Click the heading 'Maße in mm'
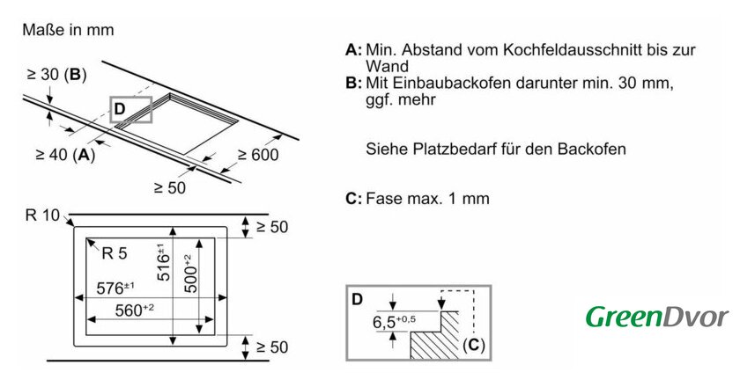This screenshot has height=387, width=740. tap(68, 30)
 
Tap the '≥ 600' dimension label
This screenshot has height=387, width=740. tap(257, 156)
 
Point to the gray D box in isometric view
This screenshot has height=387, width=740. tap(131, 109)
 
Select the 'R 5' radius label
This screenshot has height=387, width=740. tap(115, 253)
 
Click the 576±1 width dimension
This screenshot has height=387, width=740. tap(115, 288)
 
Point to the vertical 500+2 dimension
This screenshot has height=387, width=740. tap(188, 273)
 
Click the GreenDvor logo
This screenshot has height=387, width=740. tap(657, 317)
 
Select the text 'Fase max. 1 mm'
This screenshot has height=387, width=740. tap(426, 198)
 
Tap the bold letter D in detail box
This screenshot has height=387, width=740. tap(357, 299)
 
